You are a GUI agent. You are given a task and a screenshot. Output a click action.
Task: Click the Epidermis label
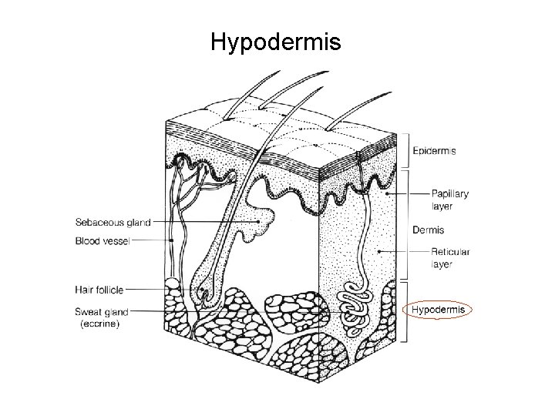(434, 151)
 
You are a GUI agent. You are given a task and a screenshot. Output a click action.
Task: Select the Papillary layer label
(450, 200)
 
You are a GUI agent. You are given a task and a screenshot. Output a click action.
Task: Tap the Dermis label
(428, 230)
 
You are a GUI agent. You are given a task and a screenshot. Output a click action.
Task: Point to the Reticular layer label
(451, 257)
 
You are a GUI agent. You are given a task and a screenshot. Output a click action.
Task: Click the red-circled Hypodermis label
(439, 310)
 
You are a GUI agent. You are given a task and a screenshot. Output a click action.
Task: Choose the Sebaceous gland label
(113, 223)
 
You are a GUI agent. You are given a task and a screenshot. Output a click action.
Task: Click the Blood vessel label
(103, 240)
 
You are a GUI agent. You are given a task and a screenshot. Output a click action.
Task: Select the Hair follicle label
(99, 290)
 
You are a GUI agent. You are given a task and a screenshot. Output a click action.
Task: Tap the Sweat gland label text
(102, 312)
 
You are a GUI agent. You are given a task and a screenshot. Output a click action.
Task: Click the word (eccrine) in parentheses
(100, 324)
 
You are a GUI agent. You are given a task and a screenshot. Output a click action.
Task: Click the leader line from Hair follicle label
(154, 290)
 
